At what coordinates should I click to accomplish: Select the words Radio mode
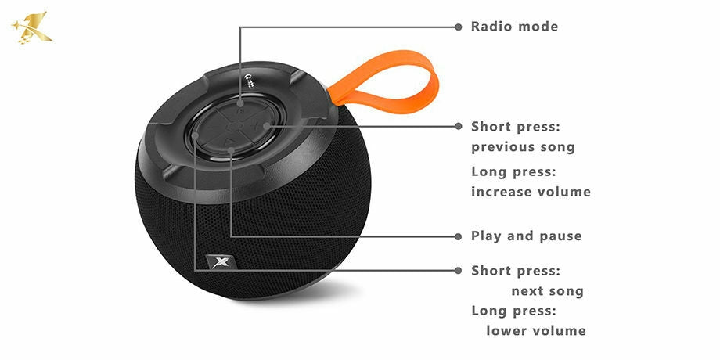pos(514,27)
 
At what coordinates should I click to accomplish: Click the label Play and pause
pos(526,236)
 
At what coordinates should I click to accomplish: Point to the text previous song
pos(523,147)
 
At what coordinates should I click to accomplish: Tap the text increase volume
pos(531,192)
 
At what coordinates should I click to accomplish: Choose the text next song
pos(547,291)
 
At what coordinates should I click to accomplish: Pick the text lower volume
pos(536,330)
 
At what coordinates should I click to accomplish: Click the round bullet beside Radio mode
pos(459,27)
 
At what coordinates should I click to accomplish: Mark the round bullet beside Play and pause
pos(459,236)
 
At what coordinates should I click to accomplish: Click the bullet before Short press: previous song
pos(459,126)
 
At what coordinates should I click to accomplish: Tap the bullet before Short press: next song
pos(459,270)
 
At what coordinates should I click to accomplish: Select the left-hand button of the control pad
pos(198,133)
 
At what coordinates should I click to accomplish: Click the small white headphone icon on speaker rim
pos(249,76)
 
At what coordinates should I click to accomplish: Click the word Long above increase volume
pos(489,171)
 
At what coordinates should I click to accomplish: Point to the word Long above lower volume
pos(489,311)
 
